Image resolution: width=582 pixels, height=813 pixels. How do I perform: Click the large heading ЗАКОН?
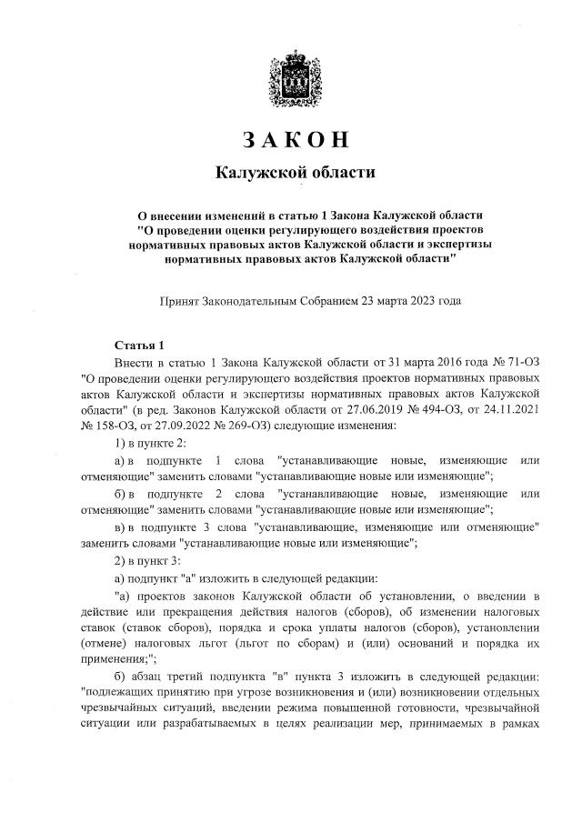[295, 142]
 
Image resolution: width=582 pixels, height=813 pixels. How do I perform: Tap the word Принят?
[181, 299]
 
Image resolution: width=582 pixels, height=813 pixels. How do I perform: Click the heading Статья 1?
[138, 346]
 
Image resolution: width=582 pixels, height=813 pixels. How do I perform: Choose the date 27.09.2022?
[180, 426]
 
